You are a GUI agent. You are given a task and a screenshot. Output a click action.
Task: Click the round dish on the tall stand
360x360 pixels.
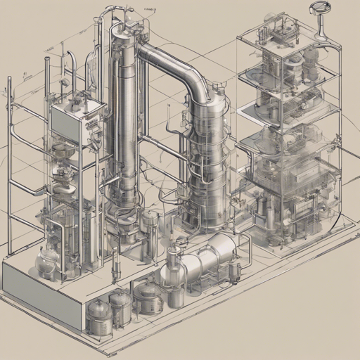tap(320, 7)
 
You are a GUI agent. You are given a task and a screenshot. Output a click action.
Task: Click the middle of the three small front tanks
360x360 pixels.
tap(120, 307)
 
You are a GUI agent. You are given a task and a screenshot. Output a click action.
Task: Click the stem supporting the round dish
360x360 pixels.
tap(321, 28)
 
